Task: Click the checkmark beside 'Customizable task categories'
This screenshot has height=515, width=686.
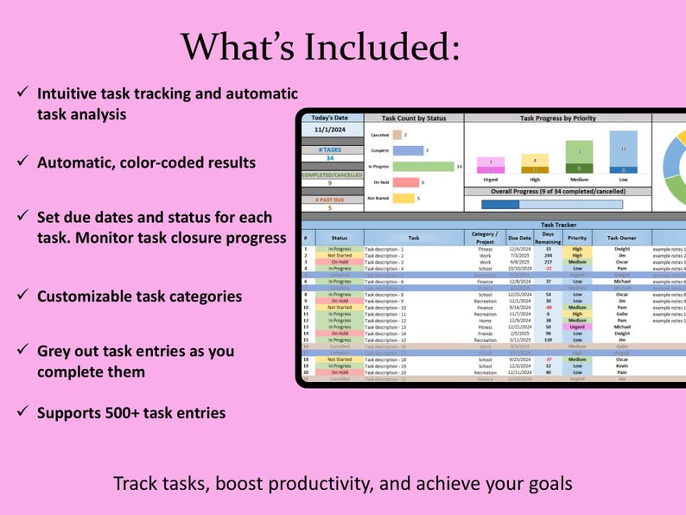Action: (x=21, y=296)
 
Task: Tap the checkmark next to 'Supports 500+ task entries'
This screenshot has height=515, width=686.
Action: (x=21, y=412)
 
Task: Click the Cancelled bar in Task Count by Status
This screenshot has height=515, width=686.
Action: (x=397, y=135)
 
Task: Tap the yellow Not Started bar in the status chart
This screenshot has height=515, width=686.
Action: (x=402, y=198)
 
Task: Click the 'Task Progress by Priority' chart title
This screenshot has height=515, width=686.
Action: (x=557, y=118)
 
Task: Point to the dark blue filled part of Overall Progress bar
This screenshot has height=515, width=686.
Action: (x=500, y=204)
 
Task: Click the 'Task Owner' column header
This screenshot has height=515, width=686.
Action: (x=621, y=236)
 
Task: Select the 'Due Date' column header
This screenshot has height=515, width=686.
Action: (x=519, y=236)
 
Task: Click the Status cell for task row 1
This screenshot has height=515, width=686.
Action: (x=340, y=249)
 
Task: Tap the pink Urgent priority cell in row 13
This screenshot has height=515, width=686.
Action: (x=577, y=327)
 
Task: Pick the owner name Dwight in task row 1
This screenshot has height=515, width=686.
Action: (x=621, y=249)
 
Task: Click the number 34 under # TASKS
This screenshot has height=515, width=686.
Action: (x=329, y=158)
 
